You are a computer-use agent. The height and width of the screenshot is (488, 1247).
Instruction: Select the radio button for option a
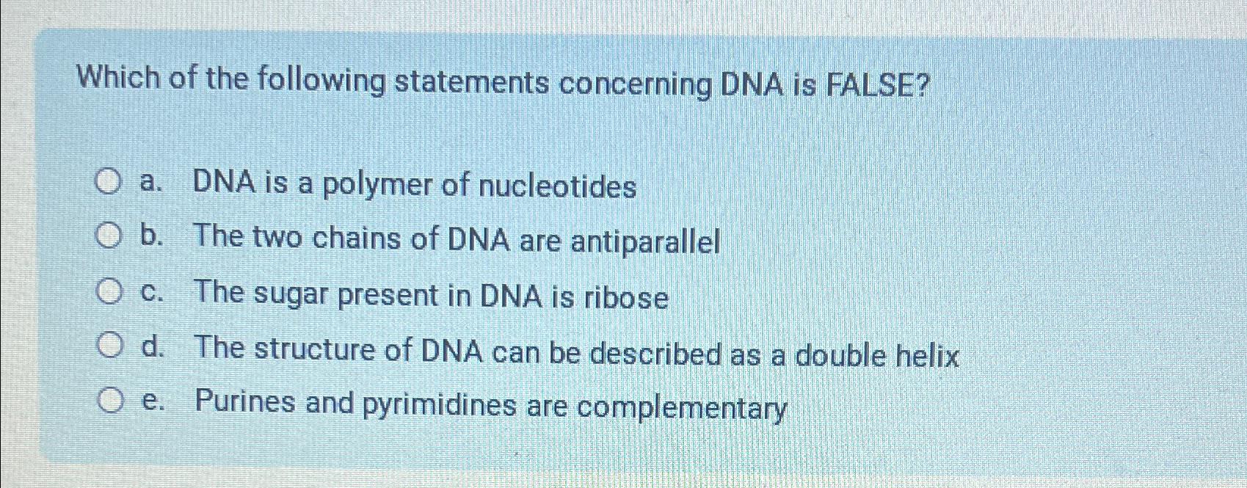109,181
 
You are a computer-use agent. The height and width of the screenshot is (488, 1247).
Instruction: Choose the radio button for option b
109,236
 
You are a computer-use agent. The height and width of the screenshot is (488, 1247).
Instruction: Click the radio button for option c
109,292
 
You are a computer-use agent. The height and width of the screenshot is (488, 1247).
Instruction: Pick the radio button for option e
109,401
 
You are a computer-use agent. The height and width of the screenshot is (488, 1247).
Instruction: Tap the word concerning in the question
635,86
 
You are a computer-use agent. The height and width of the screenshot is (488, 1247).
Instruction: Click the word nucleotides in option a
557,187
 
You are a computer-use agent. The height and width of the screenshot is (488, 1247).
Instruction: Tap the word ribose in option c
625,298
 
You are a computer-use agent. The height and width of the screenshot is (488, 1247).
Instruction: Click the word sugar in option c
283,295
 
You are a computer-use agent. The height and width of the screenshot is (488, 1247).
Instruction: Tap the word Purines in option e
245,402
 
